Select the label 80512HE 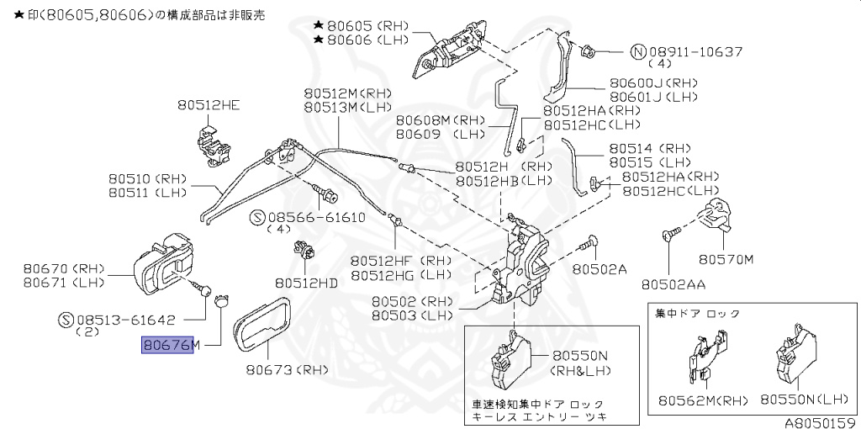tap(208, 105)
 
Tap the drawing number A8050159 tap(821, 421)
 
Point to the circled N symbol tap(639, 52)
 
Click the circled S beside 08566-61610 tap(258, 217)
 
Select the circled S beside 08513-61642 tap(66, 320)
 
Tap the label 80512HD tap(306, 283)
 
